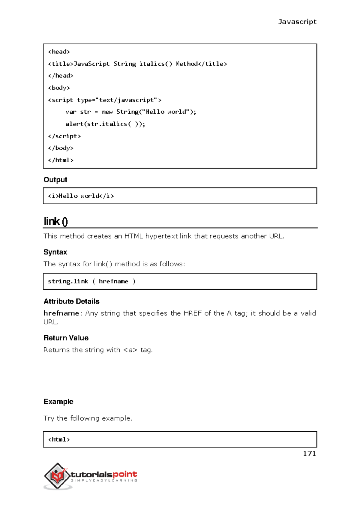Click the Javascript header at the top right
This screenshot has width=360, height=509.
297,22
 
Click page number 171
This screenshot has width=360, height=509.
309,454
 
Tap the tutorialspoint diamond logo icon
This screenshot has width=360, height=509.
57,476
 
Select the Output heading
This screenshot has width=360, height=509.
55,180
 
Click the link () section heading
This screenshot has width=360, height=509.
56,221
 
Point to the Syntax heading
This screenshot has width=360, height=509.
55,252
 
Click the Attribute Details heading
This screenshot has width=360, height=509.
71,301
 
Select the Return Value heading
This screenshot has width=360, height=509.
66,338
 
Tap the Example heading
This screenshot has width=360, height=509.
58,401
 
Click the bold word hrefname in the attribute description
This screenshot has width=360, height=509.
61,313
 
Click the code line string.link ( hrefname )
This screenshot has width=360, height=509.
92,281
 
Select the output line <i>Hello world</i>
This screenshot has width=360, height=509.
81,196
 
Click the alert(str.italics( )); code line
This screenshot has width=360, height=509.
105,124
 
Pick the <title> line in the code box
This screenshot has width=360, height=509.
137,64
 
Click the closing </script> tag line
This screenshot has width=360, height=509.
64,136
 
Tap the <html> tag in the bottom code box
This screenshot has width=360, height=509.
59,439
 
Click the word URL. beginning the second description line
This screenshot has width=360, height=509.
51,322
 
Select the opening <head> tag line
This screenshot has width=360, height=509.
59,52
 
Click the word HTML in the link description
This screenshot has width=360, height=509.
133,236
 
